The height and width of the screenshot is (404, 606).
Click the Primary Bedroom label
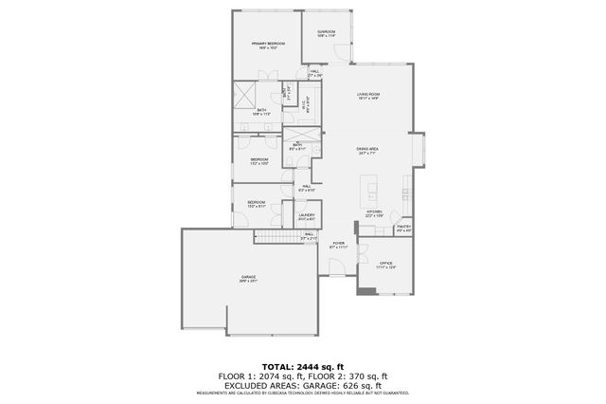click(269, 44)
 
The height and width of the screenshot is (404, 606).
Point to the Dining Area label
click(367, 150)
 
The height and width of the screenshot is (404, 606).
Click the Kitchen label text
click(374, 212)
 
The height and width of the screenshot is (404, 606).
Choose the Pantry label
click(403, 228)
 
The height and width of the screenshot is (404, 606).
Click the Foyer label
click(338, 245)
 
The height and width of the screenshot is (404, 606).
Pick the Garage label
click(248, 277)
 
